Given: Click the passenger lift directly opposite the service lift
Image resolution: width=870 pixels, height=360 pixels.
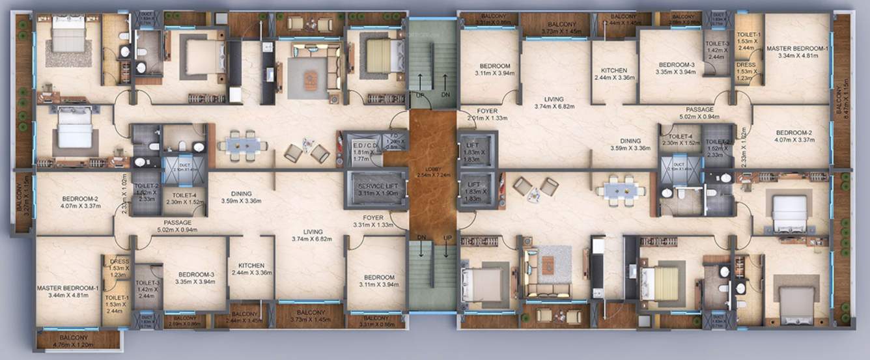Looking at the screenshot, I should tap(478, 189).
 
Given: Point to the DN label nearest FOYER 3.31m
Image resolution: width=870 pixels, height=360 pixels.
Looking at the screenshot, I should tap(422, 237).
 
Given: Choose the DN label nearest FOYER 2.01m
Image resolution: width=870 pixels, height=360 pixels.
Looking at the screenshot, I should tap(446, 95).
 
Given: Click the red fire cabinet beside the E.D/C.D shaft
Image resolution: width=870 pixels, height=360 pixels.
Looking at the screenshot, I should tap(340, 146).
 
